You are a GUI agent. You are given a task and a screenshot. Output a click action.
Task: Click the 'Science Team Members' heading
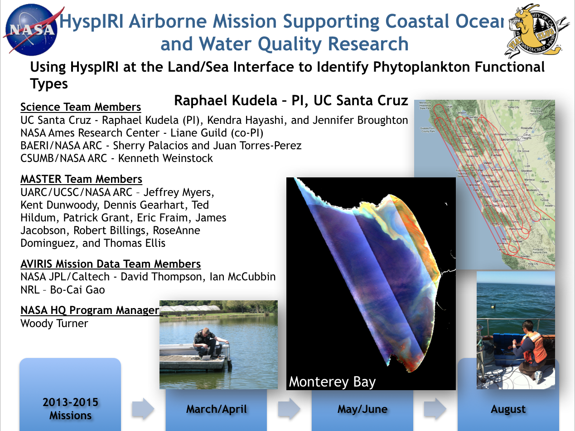81,107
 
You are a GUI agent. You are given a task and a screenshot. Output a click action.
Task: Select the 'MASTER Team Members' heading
81,179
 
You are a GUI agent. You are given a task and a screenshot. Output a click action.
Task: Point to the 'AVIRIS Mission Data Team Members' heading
111,264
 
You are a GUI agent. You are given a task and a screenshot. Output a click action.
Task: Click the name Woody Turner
54,323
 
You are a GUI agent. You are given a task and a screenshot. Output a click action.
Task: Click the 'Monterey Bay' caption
332,382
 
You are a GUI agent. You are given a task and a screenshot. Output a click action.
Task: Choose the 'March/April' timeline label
216,409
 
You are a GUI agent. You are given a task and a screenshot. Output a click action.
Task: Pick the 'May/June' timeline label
362,409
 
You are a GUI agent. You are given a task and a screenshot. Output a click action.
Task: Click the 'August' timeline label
508,409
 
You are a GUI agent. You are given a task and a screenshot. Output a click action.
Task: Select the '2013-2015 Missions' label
70,409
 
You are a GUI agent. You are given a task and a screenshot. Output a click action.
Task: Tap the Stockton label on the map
527,171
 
